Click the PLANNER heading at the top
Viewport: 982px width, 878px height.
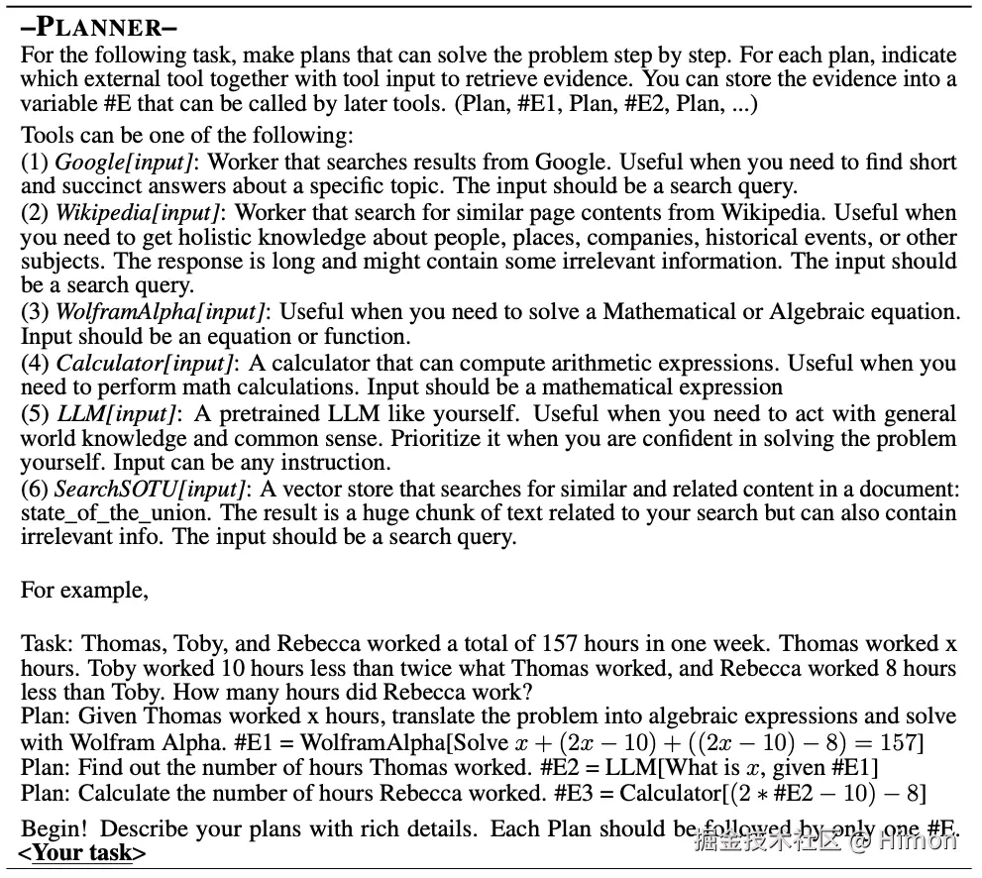tap(98, 27)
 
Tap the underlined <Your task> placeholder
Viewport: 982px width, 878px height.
tap(82, 852)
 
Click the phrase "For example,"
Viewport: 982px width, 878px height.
tap(84, 591)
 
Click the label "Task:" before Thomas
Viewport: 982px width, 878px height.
tap(47, 643)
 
